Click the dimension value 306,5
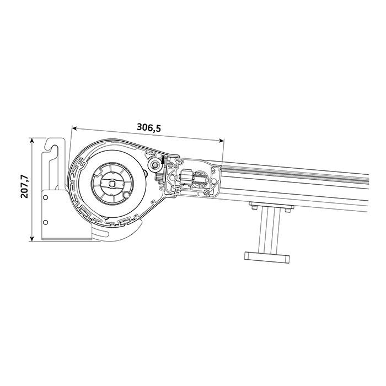[149, 127]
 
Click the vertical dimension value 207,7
[25, 186]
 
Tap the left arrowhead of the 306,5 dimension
[74, 128]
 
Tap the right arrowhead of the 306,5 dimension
[222, 140]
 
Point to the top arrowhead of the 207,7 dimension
[31, 140]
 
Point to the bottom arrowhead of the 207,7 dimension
[31, 239]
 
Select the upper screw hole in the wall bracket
[45, 197]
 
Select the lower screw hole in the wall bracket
[45, 222]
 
